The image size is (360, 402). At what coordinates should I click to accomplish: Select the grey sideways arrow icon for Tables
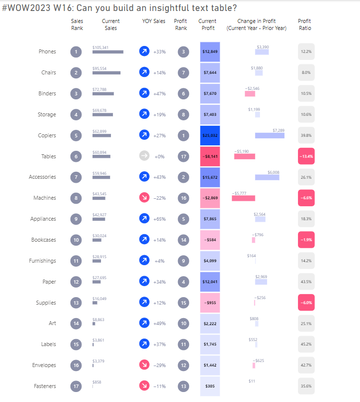coord(144,156)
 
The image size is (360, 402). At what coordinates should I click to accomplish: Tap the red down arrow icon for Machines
coord(144,198)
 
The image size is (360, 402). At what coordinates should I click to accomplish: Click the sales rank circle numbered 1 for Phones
coord(76,51)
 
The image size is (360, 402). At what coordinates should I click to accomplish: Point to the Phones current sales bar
coord(107,52)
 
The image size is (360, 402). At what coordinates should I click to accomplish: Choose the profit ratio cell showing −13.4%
coord(306,156)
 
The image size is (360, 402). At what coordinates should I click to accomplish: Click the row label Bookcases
coord(43,240)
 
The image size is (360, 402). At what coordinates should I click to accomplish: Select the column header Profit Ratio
coord(304,24)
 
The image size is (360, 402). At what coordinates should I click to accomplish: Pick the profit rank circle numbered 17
coord(183,156)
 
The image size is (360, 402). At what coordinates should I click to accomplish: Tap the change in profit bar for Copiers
coord(269,136)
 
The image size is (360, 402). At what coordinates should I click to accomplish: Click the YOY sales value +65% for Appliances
coord(159,219)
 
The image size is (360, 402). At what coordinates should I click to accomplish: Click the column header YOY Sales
coord(153,21)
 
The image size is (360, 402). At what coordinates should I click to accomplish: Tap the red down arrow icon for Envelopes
coord(144,365)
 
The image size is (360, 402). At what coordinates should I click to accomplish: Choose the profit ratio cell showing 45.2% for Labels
coord(306,344)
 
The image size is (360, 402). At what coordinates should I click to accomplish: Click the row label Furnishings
coord(42,261)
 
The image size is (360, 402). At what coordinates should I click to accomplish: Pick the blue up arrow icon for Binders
coord(144,93)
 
